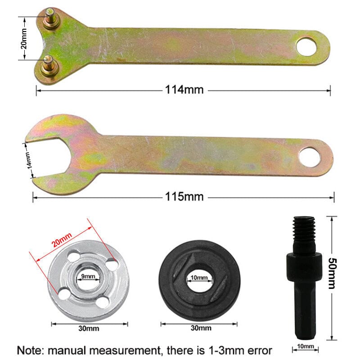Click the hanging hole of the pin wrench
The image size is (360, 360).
[307, 46]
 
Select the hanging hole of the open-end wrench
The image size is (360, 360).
[310, 157]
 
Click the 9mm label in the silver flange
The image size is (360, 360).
[88, 276]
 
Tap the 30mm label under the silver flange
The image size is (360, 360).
[89, 328]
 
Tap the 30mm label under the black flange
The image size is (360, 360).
[200, 328]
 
